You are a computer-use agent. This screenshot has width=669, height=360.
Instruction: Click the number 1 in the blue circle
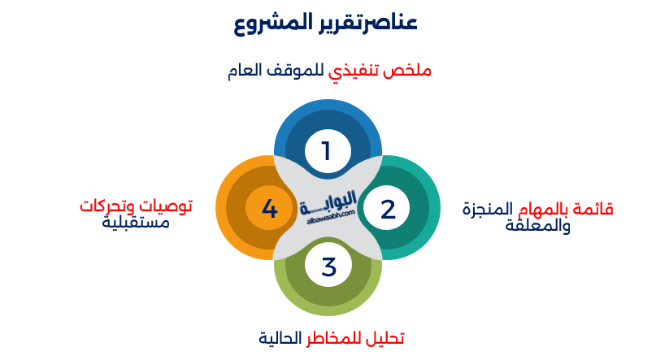click(x=327, y=151)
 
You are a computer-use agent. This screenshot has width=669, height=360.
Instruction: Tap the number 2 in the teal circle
click(x=388, y=209)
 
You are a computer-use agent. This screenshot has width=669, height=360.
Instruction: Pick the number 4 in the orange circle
click(x=270, y=209)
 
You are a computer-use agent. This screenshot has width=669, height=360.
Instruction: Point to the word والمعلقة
click(x=537, y=225)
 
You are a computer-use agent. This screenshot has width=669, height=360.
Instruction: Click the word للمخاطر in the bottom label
click(x=331, y=337)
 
